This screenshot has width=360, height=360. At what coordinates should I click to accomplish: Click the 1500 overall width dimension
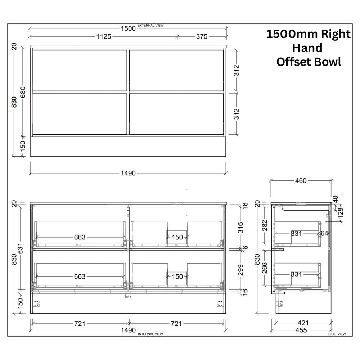[x=128, y=28]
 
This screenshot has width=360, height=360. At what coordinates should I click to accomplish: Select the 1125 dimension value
[x=104, y=36]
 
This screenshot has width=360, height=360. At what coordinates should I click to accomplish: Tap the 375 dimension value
[x=202, y=36]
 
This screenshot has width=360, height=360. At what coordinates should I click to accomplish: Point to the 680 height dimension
[x=23, y=92]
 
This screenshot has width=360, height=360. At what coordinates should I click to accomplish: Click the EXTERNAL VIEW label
[x=150, y=26]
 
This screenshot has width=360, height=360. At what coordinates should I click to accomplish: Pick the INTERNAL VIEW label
[x=150, y=334]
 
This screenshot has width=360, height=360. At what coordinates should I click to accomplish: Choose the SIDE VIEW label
[x=337, y=334]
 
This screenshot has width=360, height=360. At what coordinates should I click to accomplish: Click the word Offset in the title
[x=293, y=62]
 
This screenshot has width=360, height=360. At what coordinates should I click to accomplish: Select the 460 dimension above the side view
[x=301, y=181]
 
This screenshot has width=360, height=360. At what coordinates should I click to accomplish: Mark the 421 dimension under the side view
[x=303, y=323]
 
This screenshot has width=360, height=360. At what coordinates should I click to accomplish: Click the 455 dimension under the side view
[x=301, y=330]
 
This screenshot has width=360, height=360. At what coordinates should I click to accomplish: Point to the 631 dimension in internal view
[x=20, y=248]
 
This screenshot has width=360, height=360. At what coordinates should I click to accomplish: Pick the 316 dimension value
[x=240, y=228]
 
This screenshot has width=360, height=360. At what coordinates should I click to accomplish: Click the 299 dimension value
[x=240, y=270]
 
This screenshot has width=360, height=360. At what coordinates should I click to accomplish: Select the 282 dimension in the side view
[x=265, y=225]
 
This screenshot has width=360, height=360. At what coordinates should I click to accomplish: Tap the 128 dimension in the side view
[x=341, y=213]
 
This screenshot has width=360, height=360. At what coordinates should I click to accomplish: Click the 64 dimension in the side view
[x=324, y=234]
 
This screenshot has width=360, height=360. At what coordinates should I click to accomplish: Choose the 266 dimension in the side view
[x=265, y=268]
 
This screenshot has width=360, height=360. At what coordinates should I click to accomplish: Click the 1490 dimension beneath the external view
[x=128, y=173]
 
